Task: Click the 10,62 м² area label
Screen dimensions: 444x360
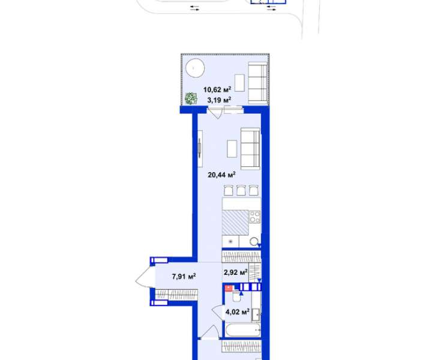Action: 217,90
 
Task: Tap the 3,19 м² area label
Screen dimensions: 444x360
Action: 219,100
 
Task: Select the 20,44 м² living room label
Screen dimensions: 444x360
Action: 222,175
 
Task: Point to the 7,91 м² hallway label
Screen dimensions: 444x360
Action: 184,276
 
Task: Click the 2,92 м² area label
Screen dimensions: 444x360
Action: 236,272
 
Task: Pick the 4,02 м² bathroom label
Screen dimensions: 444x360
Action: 237,312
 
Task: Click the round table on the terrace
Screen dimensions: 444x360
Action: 195,68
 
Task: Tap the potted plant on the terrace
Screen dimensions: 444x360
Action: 191,98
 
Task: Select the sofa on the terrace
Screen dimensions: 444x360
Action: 258,83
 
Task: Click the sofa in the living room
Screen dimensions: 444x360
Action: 251,149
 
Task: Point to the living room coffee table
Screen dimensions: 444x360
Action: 232,149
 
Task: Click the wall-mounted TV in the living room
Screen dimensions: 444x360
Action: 200,149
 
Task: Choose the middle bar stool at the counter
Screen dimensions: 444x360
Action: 241,190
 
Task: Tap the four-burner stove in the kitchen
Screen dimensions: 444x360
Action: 255,217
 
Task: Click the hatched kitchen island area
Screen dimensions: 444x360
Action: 235,223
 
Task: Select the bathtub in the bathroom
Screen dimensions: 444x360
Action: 243,330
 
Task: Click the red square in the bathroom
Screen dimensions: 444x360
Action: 229,289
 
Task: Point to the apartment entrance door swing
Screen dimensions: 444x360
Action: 146,277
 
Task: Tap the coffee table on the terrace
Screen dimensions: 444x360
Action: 239,83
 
